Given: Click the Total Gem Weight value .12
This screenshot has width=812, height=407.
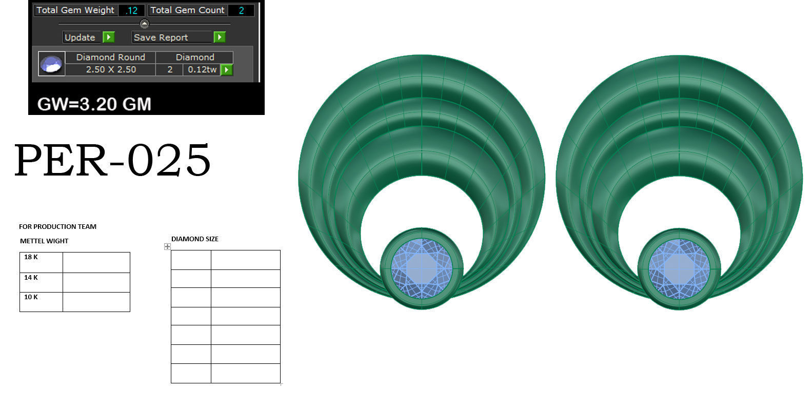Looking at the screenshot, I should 132,10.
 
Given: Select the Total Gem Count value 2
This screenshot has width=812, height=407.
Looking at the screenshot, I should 241,10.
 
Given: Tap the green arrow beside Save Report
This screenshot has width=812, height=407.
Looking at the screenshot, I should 220,37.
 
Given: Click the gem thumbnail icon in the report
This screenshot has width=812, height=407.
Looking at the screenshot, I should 51,64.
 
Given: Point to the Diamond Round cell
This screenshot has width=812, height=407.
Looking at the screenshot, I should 110,57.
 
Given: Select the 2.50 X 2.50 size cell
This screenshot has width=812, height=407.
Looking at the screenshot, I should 110,69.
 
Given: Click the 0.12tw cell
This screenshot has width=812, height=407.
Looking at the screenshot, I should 202,69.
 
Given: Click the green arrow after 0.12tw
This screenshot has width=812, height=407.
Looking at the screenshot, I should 227,69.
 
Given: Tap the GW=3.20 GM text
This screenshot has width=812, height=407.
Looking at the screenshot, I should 94,104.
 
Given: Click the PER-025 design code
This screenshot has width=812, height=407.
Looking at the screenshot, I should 112,160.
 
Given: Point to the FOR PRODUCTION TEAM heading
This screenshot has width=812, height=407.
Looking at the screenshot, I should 57,226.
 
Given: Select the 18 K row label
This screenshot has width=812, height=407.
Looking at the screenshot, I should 31,257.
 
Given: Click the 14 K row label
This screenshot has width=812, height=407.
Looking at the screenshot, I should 31,278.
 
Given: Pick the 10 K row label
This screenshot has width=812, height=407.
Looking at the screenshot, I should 31,297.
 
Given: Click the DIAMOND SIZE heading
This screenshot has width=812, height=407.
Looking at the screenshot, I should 194,239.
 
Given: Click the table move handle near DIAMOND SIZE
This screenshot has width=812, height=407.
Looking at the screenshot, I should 167,247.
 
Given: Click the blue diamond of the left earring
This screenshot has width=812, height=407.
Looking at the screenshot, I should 421,268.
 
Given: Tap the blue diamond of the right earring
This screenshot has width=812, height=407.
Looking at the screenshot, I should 679,268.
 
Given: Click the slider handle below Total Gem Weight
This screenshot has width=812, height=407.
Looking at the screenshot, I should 145,24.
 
